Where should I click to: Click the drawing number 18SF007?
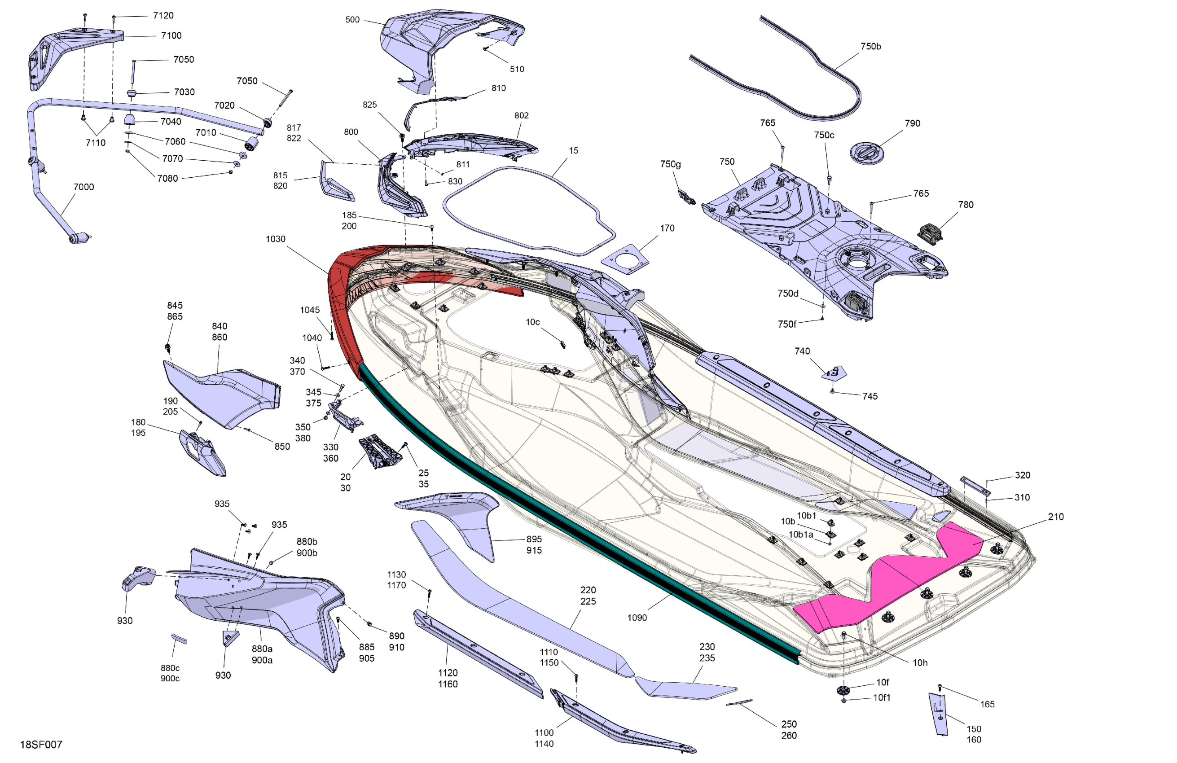41,744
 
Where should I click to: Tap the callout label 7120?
163,16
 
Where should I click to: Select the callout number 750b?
870,47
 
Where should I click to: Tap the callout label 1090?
637,618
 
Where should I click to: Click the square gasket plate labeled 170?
625,259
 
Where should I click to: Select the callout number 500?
352,20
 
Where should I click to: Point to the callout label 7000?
83,187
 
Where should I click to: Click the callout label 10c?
533,322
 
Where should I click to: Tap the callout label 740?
802,351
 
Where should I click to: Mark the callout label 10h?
920,662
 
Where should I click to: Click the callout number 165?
987,704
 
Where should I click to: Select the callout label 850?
282,447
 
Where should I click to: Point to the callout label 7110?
96,143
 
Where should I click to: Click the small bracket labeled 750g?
686,197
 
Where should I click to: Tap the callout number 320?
1022,475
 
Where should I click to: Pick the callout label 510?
517,69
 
